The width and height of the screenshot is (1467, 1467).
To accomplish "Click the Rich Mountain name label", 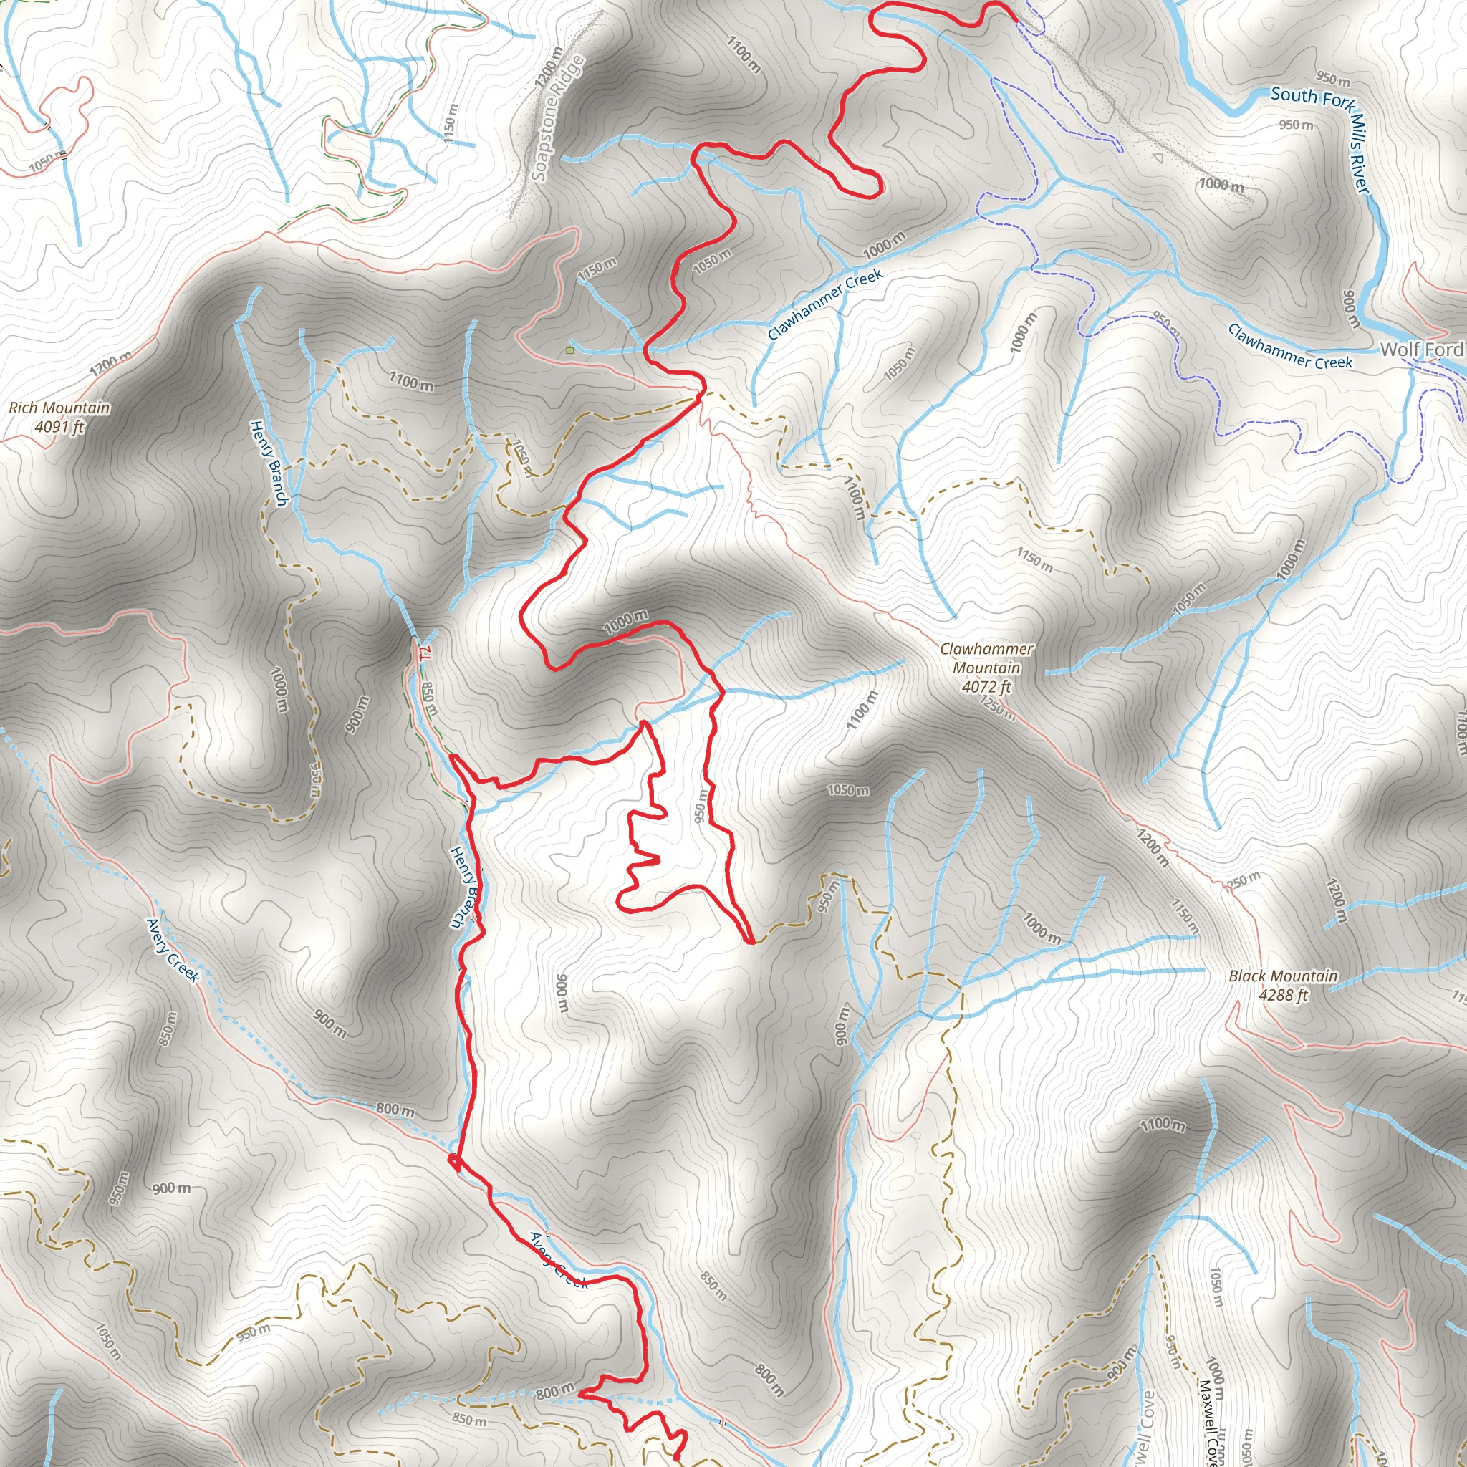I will tap(59, 408).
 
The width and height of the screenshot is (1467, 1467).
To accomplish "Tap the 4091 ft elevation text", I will tap(59, 427).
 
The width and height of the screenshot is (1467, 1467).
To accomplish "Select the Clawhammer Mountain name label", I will tap(986, 658).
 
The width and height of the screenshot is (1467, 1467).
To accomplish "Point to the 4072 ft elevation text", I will tap(986, 686).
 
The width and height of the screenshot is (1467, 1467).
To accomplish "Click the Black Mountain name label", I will tap(1283, 976).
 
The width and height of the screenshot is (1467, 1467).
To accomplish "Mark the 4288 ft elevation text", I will tap(1283, 995).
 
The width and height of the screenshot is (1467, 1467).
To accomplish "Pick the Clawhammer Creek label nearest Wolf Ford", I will tap(1289, 347).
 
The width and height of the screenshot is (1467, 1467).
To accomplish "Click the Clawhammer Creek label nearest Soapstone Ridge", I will tap(824, 304).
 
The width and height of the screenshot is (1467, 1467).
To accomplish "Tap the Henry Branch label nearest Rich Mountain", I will tap(269, 463).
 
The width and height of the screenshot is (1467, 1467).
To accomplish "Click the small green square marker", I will tap(569, 351).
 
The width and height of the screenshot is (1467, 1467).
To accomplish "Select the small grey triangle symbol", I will tap(1158, 158).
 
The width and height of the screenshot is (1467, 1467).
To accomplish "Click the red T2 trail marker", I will tap(425, 652).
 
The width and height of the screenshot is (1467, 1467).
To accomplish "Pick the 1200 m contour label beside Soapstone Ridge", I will tap(548, 67).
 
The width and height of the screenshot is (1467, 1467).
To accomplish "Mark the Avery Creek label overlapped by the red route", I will tap(558, 1261).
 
